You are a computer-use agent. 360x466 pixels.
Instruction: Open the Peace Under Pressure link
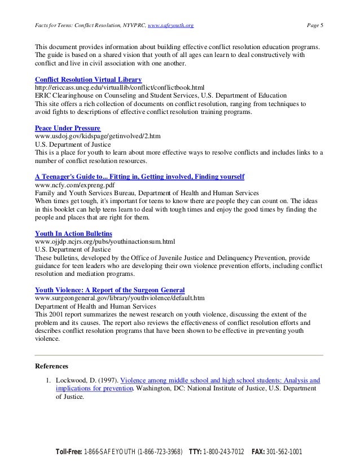coord(68,128)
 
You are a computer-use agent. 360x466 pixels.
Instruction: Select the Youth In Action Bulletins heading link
coord(73,233)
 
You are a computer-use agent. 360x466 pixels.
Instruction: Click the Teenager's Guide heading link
coord(139,177)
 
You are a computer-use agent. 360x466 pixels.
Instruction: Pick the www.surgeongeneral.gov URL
coord(120,297)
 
